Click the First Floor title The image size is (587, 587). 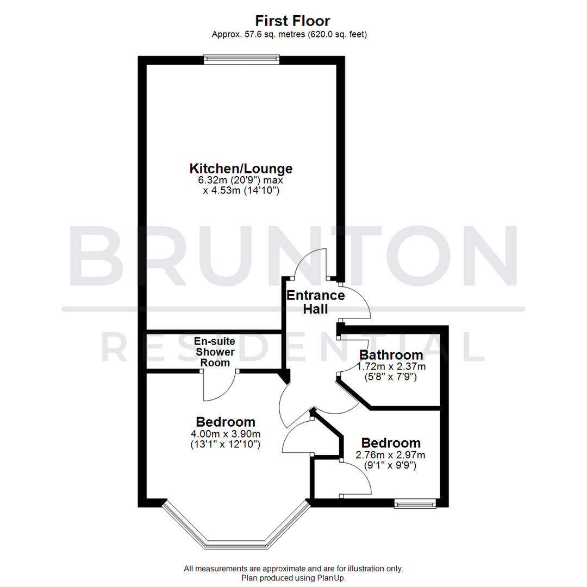pos(293,21)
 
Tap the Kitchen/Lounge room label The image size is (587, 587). pos(241,168)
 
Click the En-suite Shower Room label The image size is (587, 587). pos(215,352)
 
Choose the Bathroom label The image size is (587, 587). pos(391,355)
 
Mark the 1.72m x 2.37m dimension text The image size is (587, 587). pos(391,366)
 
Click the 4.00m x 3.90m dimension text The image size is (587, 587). pos(226,434)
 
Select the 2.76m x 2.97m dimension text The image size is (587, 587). pos(391,454)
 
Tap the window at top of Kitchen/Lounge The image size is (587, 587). pos(242,59)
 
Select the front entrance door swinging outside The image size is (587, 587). pos(356,302)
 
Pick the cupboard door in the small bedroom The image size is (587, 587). pos(356,478)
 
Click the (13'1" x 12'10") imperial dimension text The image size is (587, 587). pos(226,445)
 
